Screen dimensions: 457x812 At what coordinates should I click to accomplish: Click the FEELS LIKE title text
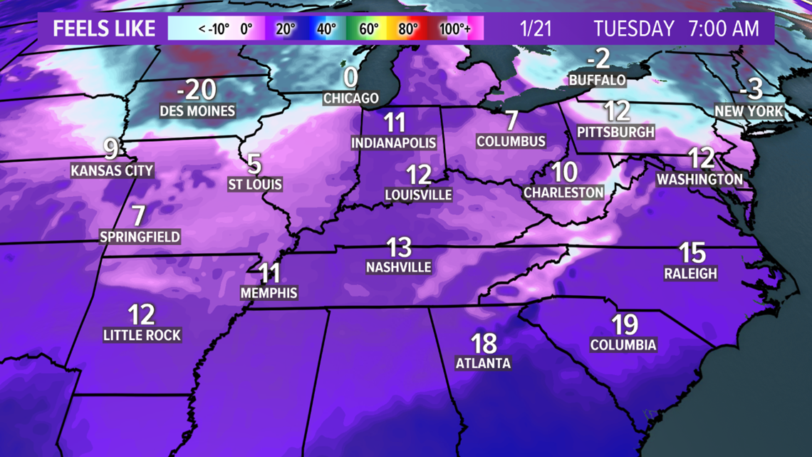[104, 29]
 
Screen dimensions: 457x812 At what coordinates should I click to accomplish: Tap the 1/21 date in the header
[536, 29]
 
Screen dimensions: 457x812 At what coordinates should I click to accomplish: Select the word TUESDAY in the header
[634, 29]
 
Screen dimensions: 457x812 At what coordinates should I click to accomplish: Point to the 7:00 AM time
[723, 29]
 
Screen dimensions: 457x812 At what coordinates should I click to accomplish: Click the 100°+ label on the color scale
[454, 29]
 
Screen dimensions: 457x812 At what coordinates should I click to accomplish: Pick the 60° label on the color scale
[368, 29]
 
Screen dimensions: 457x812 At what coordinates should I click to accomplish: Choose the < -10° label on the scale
[214, 29]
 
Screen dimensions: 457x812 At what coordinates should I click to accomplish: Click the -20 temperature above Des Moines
[197, 91]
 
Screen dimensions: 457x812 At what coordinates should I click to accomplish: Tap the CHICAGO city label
[350, 98]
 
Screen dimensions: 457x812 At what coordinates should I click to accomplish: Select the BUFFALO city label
[597, 80]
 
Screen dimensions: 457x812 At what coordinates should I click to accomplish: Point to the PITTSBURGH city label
[615, 132]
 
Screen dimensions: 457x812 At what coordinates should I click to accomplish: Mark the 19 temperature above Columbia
[624, 325]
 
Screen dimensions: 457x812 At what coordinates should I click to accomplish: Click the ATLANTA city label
[483, 363]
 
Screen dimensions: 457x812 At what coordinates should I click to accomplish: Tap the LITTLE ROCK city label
[142, 335]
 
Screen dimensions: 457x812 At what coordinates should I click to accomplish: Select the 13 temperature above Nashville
[399, 247]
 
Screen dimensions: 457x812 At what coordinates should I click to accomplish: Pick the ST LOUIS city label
[255, 185]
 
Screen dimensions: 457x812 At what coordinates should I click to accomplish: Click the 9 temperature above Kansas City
[111, 150]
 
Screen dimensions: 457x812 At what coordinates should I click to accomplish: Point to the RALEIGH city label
[690, 273]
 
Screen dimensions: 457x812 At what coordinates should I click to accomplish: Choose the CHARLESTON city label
[563, 192]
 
